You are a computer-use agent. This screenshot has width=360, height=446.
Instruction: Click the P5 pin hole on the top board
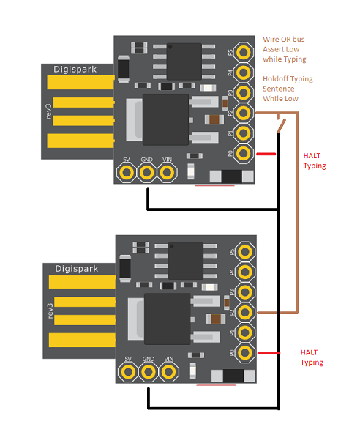(x=244, y=52)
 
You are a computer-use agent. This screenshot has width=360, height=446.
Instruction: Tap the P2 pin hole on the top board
(x=244, y=113)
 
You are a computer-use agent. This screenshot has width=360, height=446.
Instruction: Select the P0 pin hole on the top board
(x=244, y=153)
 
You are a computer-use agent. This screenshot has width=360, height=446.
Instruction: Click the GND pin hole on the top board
(x=147, y=172)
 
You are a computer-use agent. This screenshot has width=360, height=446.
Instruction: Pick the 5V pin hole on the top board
(x=127, y=172)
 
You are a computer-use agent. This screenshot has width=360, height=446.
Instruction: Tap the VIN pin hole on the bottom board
(x=169, y=372)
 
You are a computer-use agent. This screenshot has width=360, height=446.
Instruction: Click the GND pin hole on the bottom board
(x=149, y=372)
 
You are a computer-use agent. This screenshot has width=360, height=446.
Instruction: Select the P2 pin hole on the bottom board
(x=245, y=312)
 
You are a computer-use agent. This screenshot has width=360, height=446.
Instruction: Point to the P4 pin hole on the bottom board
(x=245, y=272)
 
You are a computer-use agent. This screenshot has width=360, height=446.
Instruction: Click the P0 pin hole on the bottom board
(x=245, y=353)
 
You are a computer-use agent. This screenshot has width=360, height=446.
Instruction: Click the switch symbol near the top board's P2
(x=281, y=124)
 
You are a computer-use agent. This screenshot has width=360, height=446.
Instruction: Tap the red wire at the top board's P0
(x=266, y=154)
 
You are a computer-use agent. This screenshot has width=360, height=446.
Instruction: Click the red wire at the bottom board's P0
(x=269, y=353)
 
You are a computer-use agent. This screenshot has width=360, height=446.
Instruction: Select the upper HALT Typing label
(x=315, y=161)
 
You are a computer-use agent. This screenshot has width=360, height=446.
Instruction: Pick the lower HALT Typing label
(x=312, y=357)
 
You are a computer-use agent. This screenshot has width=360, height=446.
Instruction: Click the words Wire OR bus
(x=284, y=40)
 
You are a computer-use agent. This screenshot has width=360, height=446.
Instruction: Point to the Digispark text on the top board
(x=75, y=70)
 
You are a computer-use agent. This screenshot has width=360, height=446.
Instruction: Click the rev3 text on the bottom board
(x=50, y=311)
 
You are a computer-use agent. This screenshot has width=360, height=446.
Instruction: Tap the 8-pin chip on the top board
(x=184, y=62)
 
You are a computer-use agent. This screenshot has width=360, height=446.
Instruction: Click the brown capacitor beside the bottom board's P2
(x=216, y=319)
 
